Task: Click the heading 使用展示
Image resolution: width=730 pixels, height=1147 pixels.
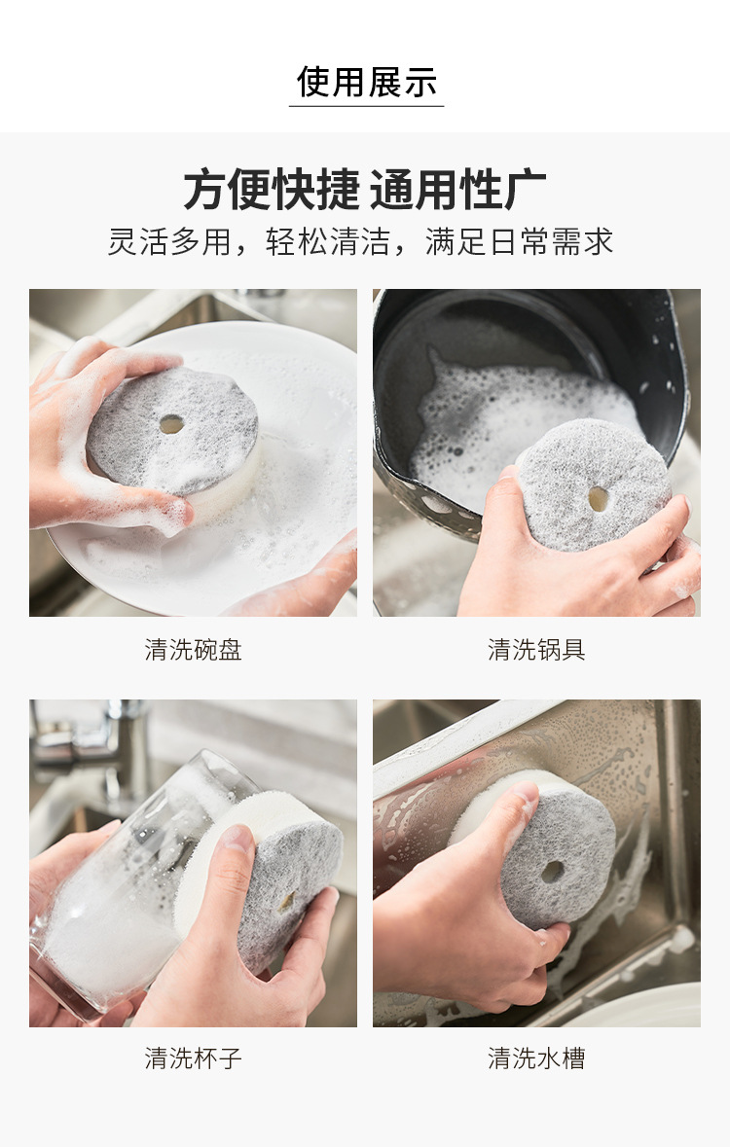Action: pyautogui.click(x=366, y=81)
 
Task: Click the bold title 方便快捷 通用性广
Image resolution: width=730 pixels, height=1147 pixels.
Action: pyautogui.click(x=365, y=189)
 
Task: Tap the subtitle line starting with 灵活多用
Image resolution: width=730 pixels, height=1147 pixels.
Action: pyautogui.click(x=360, y=241)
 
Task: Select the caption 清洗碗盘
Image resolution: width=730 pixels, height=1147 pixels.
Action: pyautogui.click(x=194, y=650)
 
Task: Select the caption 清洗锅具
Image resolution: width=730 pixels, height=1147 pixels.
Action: pyautogui.click(x=536, y=650)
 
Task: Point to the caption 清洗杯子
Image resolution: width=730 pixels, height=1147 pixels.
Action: pyautogui.click(x=194, y=1057)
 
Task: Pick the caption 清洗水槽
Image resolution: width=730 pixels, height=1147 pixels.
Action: pyautogui.click(x=536, y=1057)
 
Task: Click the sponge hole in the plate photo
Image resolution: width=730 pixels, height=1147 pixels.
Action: pyautogui.click(x=171, y=423)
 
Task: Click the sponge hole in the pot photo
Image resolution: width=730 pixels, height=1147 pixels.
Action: pyautogui.click(x=599, y=499)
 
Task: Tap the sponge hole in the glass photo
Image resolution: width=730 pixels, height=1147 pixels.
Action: pyautogui.click(x=286, y=901)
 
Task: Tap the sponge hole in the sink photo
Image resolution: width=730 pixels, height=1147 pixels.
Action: pyautogui.click(x=553, y=872)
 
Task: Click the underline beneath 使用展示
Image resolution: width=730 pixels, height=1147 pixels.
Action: pyautogui.click(x=366, y=106)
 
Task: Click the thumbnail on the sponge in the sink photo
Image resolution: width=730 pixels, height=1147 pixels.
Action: pyautogui.click(x=525, y=792)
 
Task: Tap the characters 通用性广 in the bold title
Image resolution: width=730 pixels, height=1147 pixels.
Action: pyautogui.click(x=457, y=189)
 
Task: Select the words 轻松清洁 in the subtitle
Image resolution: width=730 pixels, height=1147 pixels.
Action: pyautogui.click(x=327, y=241)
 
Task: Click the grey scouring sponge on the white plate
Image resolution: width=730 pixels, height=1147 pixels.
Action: pyautogui.click(x=173, y=432)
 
